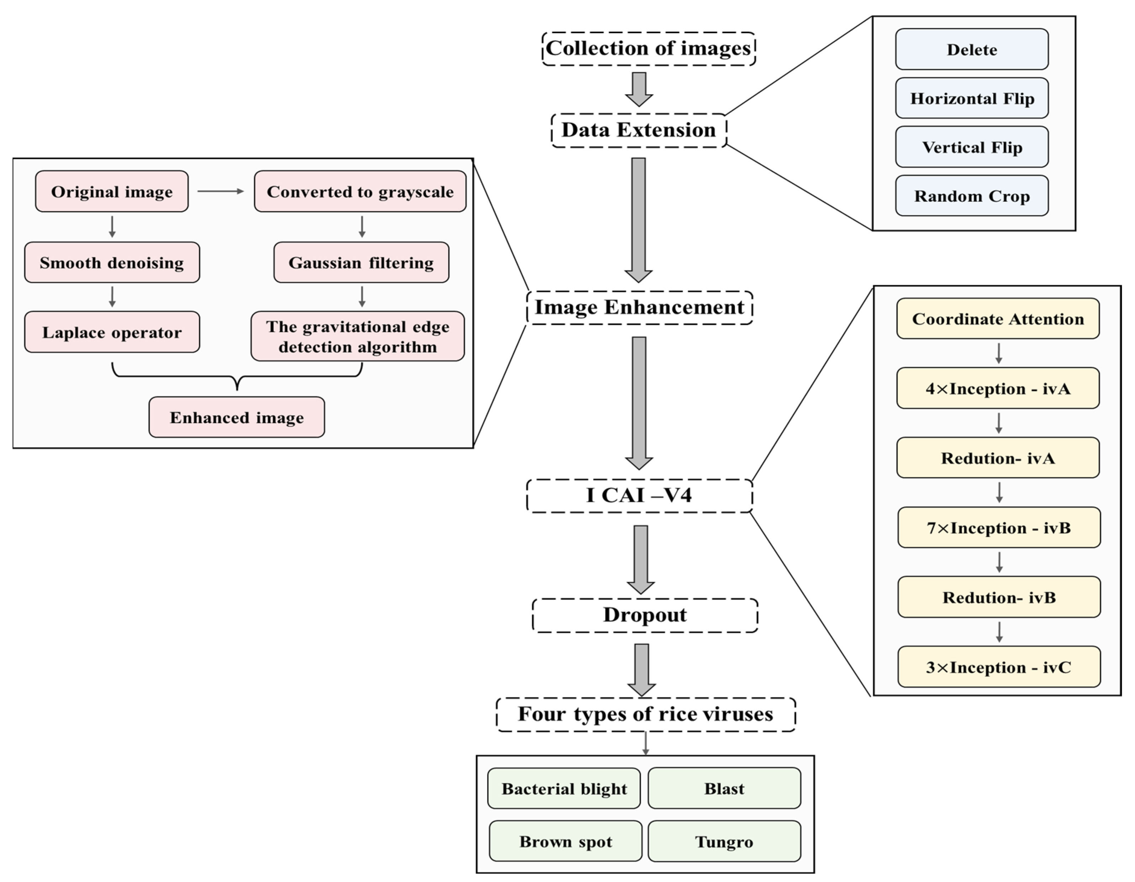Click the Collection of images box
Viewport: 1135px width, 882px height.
648,48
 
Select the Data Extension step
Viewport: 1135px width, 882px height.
639,130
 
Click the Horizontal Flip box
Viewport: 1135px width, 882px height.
972,98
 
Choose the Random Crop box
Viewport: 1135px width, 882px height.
972,196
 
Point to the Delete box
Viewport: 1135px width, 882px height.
972,49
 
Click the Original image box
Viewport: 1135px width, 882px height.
112,191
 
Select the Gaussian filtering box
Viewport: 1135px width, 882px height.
361,263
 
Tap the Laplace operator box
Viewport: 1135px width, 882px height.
112,332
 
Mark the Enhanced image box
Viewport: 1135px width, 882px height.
237,417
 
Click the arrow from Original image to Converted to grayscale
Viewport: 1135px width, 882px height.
220,191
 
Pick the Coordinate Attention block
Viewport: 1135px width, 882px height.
998,318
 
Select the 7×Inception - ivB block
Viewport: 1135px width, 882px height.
999,528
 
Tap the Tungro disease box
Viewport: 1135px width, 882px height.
724,841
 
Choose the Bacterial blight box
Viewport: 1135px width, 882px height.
564,788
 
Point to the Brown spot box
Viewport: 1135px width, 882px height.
565,841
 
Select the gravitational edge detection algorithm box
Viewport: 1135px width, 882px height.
358,336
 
